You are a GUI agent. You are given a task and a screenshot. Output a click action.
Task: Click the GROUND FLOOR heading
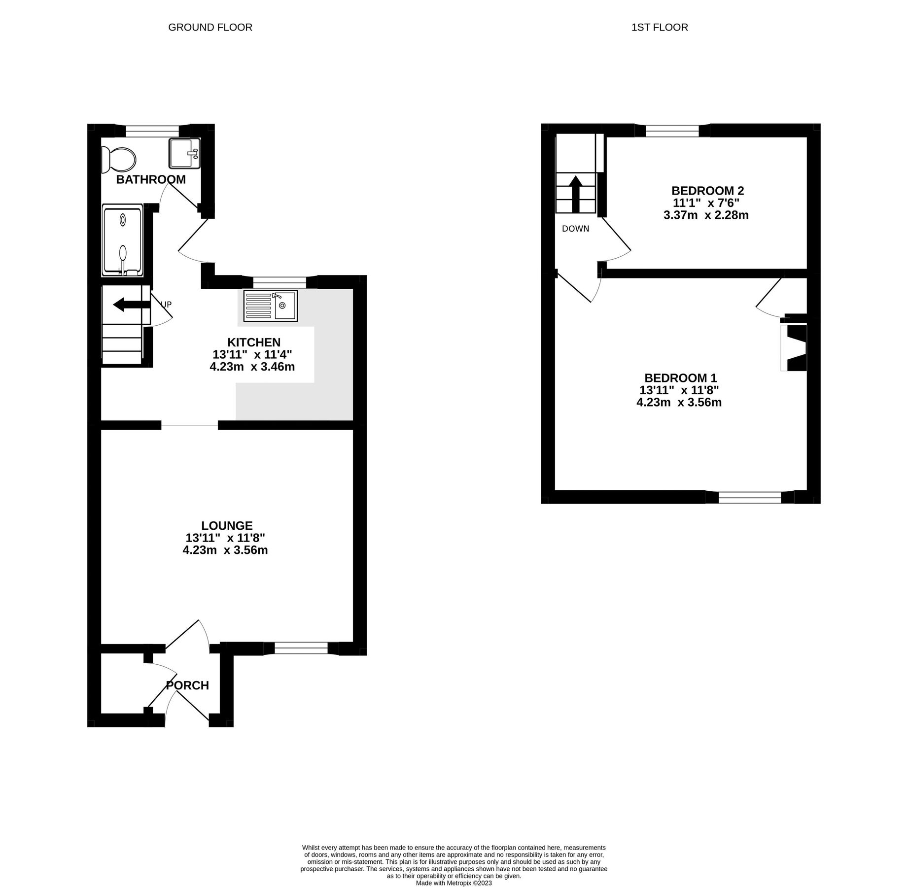click(210, 28)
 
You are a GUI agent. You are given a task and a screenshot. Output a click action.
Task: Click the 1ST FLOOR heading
click(659, 28)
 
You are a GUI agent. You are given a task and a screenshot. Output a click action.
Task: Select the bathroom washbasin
click(184, 153)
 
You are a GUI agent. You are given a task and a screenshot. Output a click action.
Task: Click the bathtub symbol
click(122, 241)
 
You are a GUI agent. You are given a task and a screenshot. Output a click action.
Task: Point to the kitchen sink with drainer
click(270, 306)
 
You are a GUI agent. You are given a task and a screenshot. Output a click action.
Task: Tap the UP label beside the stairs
click(166, 305)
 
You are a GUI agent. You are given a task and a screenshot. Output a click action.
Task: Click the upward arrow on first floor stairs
click(575, 194)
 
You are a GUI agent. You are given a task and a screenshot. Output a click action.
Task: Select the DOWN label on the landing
click(575, 229)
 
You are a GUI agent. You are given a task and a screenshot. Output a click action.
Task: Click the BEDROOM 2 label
click(707, 191)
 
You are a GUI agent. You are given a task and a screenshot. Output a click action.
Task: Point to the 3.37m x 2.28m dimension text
click(706, 215)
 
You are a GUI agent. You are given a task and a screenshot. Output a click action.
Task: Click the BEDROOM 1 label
click(680, 378)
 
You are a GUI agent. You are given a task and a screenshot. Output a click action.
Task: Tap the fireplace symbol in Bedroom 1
click(794, 347)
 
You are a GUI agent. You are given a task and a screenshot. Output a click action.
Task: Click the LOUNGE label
click(227, 526)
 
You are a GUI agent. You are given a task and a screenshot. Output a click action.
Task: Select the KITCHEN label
click(253, 342)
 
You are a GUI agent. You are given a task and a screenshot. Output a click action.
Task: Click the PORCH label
click(187, 685)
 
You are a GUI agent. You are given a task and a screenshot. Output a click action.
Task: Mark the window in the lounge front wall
click(301, 648)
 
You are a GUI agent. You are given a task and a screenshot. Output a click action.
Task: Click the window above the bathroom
click(152, 131)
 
